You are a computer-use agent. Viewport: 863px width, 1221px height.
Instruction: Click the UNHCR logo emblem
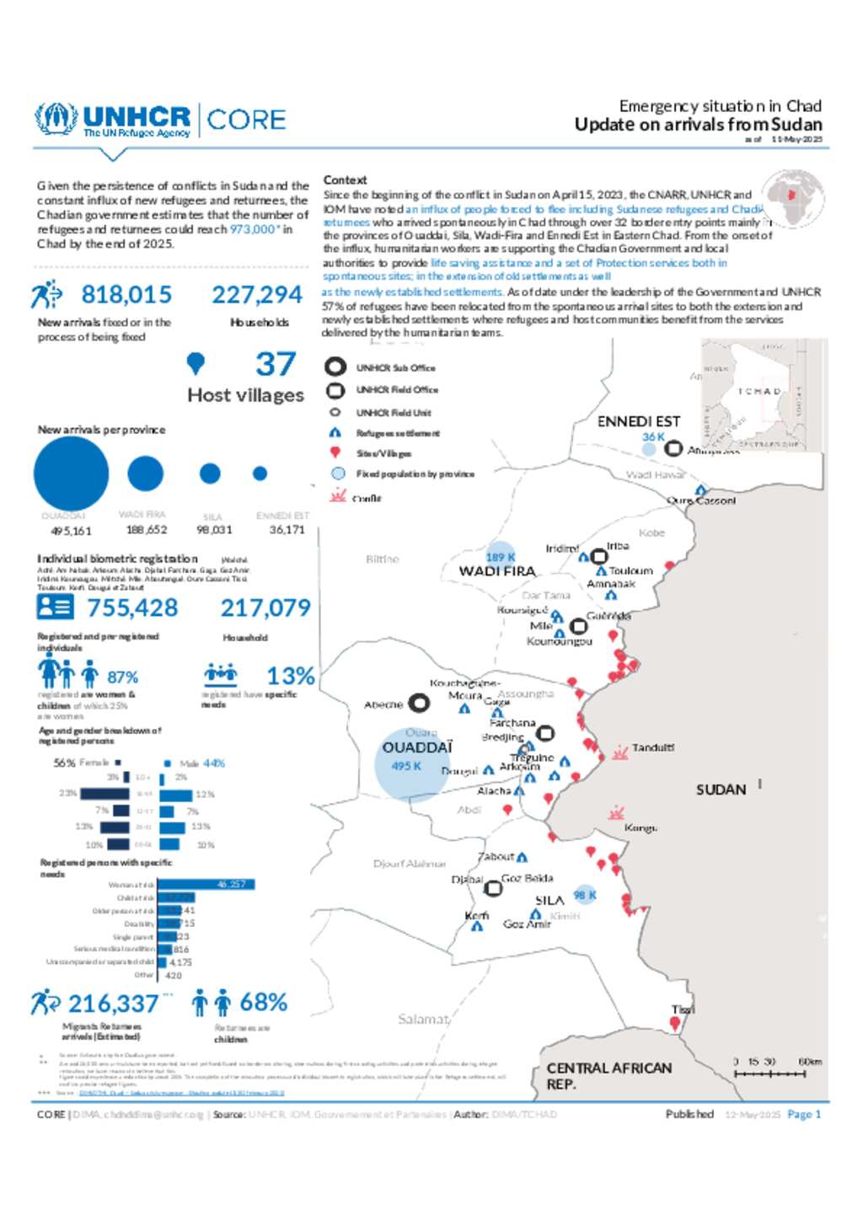click(x=56, y=120)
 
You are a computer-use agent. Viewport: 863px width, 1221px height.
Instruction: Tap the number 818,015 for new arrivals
click(x=126, y=295)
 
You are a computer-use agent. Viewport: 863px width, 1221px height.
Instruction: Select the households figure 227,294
click(x=257, y=295)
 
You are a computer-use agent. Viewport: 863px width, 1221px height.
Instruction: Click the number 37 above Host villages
click(x=276, y=365)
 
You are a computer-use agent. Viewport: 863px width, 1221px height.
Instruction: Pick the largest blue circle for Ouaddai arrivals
click(x=71, y=474)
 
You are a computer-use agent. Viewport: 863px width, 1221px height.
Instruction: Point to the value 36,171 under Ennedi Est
click(x=287, y=530)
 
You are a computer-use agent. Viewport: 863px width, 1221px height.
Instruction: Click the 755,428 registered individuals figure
click(x=132, y=608)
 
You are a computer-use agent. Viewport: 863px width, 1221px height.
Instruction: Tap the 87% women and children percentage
click(x=122, y=677)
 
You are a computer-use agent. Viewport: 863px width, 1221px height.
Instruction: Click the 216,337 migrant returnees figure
click(x=113, y=1004)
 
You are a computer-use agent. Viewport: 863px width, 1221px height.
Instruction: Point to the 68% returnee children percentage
click(x=263, y=1003)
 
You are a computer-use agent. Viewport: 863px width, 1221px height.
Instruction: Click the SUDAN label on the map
click(x=721, y=790)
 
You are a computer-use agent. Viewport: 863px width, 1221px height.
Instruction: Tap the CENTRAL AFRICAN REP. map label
click(x=608, y=1076)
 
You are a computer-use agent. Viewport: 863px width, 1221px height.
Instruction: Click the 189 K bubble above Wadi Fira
click(x=501, y=556)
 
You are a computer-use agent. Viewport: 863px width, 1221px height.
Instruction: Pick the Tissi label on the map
click(x=683, y=1009)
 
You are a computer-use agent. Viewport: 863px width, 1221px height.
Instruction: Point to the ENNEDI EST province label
click(x=638, y=421)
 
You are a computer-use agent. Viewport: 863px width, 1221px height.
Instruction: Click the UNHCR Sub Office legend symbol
click(x=335, y=367)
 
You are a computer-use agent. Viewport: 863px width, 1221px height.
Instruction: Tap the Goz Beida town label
click(x=528, y=878)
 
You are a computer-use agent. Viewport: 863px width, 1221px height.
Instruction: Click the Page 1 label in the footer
click(x=804, y=1114)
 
